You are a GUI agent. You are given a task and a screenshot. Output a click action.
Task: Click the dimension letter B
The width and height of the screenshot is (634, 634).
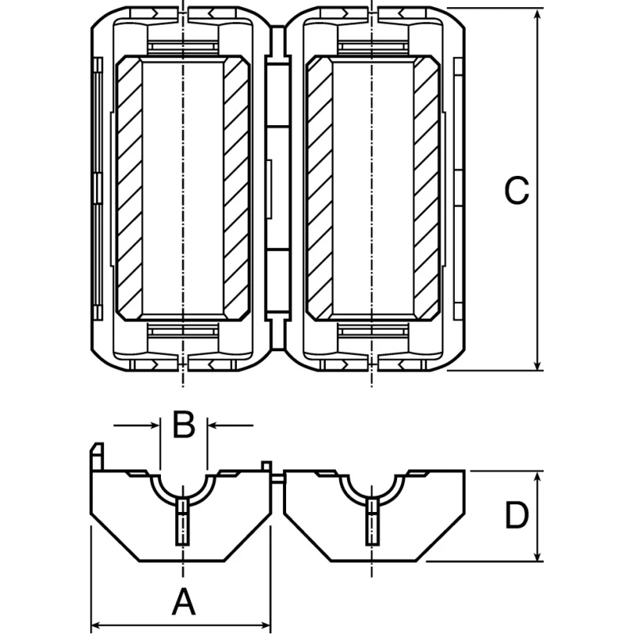[184, 424]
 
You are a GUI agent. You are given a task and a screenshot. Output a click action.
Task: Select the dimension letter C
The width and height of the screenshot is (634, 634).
[517, 190]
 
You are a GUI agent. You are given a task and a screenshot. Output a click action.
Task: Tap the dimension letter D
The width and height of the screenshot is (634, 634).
[518, 515]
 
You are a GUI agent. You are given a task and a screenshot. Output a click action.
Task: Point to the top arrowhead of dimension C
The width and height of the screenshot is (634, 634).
[537, 15]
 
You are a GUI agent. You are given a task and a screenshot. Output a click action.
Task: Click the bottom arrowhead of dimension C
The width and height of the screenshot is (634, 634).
[537, 363]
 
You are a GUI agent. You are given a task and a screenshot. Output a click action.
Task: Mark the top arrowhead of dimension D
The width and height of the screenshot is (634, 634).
[537, 479]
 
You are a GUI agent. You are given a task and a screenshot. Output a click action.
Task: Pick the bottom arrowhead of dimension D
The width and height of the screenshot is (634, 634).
[537, 554]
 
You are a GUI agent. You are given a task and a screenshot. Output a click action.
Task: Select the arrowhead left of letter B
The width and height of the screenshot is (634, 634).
[154, 426]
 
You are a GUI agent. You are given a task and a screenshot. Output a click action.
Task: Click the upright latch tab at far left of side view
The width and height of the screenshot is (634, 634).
[97, 456]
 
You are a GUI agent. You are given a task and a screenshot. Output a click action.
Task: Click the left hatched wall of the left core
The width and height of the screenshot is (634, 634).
[129, 188]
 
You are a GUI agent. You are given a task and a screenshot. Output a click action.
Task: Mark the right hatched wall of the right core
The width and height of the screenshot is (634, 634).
[426, 188]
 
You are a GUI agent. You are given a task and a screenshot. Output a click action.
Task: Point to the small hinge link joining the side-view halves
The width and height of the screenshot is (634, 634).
[277, 478]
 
